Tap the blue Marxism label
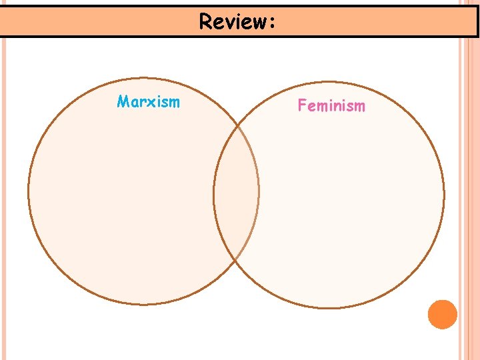click(148, 102)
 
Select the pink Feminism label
click(331, 105)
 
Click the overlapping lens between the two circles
click(237, 193)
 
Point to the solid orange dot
click(442, 314)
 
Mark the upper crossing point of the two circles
click(238, 125)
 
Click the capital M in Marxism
click(123, 102)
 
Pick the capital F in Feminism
click(301, 105)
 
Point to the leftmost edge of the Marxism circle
click(28, 192)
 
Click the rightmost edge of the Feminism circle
click(444, 195)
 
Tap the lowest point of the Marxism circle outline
click(143, 305)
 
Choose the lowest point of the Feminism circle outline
click(329, 308)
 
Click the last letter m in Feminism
click(359, 106)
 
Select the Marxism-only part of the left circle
click(120, 200)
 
